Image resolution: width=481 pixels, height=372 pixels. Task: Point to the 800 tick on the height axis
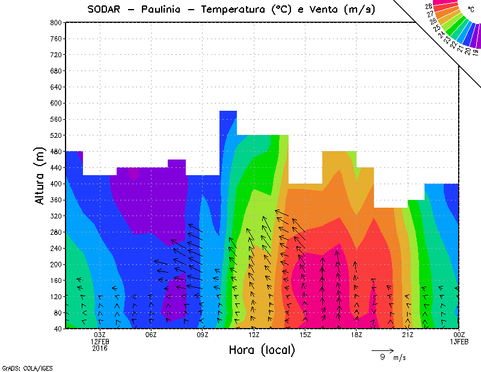(56, 22)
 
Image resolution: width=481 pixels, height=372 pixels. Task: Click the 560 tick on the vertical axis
(56, 119)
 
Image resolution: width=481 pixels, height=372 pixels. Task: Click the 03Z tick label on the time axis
(100, 335)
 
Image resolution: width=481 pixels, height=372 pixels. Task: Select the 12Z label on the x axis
(254, 335)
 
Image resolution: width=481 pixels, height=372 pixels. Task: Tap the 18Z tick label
(356, 335)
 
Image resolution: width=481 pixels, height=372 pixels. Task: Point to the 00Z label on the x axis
(459, 335)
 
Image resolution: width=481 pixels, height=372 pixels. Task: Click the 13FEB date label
(459, 341)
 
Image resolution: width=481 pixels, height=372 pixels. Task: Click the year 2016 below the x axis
(100, 348)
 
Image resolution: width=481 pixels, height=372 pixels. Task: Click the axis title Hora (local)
(262, 350)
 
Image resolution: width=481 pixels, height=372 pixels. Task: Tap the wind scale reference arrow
(382, 350)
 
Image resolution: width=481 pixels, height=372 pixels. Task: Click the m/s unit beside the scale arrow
(400, 358)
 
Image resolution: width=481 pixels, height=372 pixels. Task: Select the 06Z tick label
(151, 335)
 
